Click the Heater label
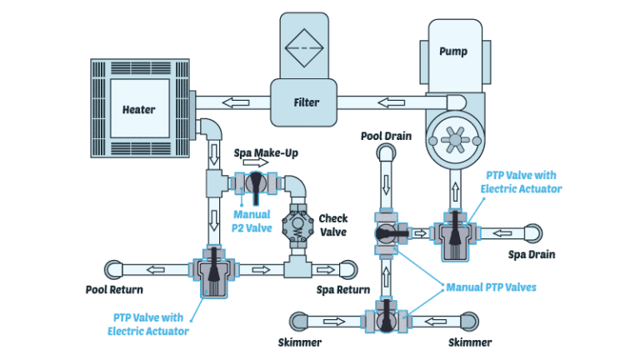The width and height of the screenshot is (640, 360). (138, 109)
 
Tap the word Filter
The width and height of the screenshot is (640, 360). (307, 102)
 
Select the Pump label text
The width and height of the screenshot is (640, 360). (452, 52)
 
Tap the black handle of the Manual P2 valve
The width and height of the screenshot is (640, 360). (253, 181)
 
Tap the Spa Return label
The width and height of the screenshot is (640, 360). (342, 290)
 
